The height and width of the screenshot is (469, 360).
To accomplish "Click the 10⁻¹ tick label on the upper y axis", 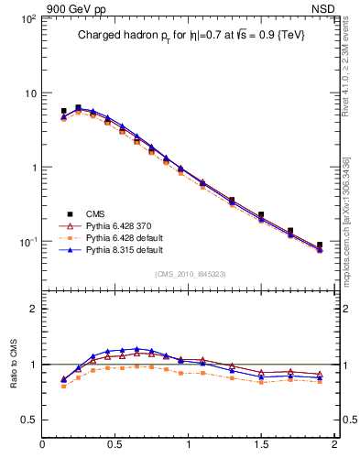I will click(27, 242).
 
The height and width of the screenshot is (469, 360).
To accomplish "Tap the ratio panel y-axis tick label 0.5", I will click(28, 420).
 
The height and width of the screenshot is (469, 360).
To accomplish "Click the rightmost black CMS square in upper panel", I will click(320, 245).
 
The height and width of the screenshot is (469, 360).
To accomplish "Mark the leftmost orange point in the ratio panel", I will click(63, 386).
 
